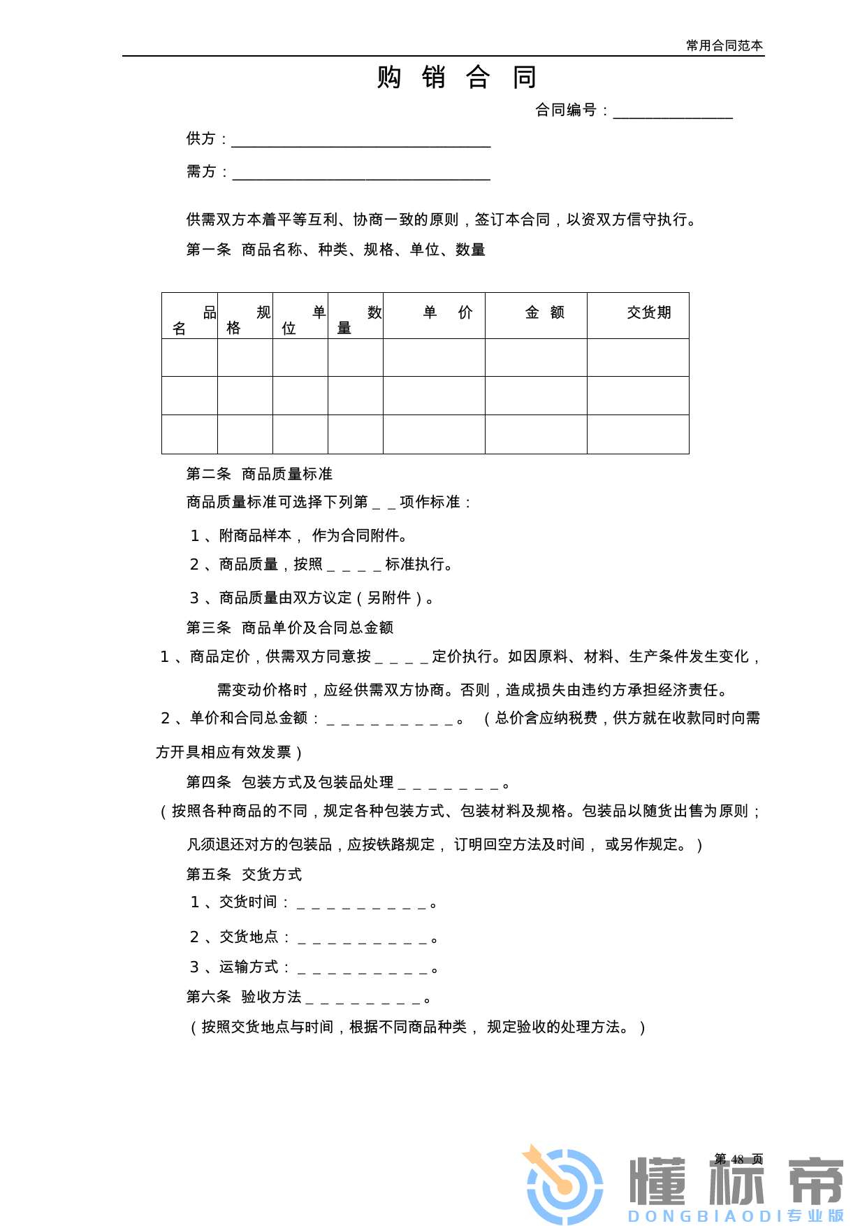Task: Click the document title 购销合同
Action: (x=456, y=77)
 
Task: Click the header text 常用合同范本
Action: (x=724, y=45)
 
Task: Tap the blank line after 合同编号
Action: (x=672, y=113)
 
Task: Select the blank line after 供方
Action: (x=360, y=141)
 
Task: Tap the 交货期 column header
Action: (x=648, y=312)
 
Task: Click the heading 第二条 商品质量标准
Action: (x=259, y=474)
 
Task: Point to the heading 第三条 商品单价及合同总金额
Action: (x=289, y=628)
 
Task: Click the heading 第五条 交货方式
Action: (x=244, y=874)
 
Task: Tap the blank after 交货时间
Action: (x=361, y=904)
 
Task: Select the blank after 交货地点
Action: (x=362, y=939)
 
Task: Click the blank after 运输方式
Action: (x=362, y=969)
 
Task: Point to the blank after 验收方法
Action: (x=363, y=999)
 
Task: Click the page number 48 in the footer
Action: (x=738, y=1159)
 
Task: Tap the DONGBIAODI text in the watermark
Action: (x=706, y=1216)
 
